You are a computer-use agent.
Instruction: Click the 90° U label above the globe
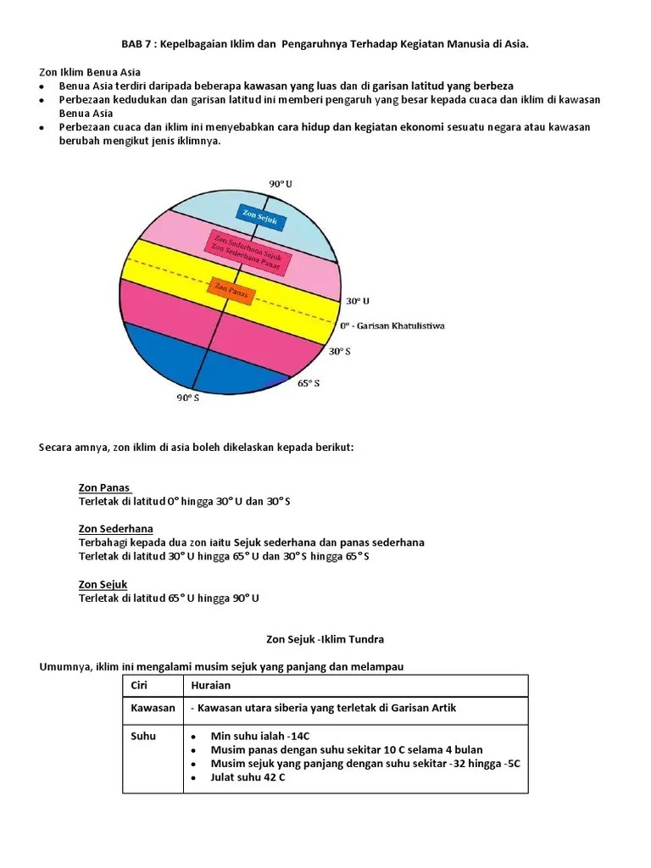(x=281, y=184)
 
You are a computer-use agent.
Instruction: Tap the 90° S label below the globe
(x=188, y=398)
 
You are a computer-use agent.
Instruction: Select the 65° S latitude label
(x=309, y=383)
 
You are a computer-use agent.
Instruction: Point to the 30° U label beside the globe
(x=358, y=301)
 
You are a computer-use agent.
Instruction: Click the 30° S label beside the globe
(x=340, y=351)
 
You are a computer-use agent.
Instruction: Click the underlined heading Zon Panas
(x=104, y=487)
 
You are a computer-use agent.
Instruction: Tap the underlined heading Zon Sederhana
(x=116, y=529)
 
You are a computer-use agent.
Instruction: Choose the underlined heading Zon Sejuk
(x=103, y=585)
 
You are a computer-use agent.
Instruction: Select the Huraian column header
(x=211, y=685)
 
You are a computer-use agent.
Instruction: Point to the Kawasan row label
(x=153, y=708)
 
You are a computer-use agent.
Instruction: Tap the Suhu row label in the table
(x=143, y=736)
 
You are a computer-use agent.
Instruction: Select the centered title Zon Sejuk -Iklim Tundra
(x=325, y=638)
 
